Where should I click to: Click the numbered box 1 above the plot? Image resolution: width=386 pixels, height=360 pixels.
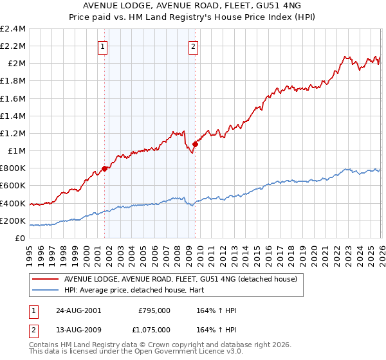pyautogui.click(x=104, y=46)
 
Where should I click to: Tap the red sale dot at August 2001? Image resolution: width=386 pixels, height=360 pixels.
pyautogui.click(x=104, y=169)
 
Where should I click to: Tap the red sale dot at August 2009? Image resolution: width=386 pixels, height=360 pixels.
pyautogui.click(x=194, y=145)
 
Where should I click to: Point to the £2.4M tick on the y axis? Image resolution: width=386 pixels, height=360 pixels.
pyautogui.click(x=13, y=29)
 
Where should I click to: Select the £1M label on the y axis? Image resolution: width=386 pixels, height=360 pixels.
pyautogui.click(x=16, y=151)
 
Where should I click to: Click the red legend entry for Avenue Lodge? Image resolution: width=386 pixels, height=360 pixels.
pyautogui.click(x=180, y=279)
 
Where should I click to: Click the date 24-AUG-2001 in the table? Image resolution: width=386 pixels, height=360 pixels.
pyautogui.click(x=78, y=310)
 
